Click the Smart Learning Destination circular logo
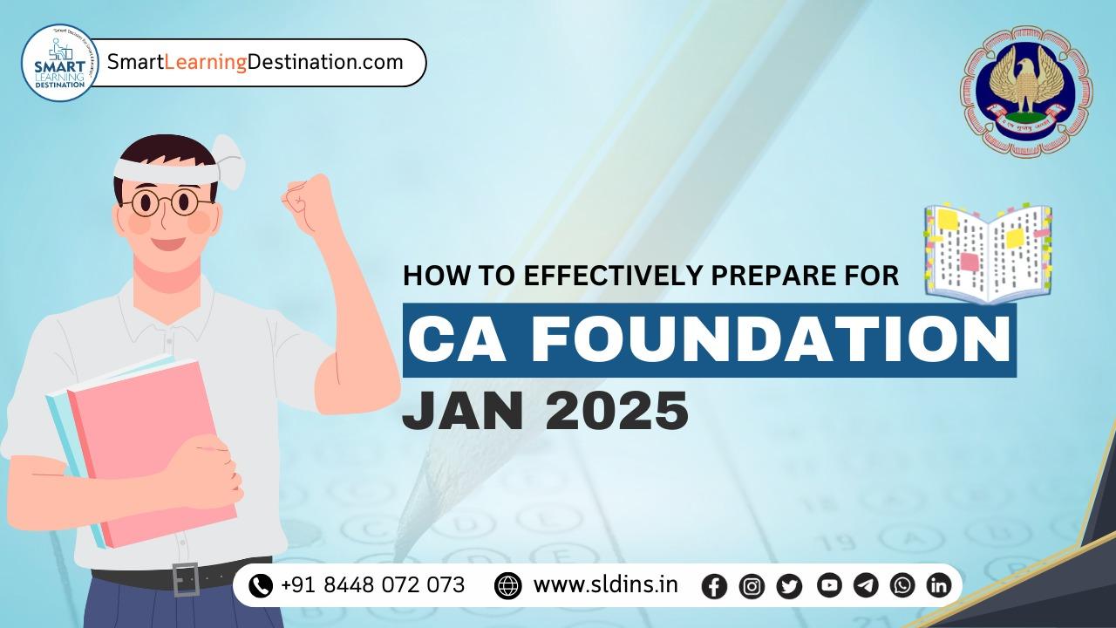(x=60, y=63)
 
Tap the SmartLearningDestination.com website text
(x=255, y=62)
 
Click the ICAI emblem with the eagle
(x=1025, y=91)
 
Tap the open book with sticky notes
(x=989, y=253)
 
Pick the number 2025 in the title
(x=616, y=412)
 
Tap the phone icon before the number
(x=260, y=585)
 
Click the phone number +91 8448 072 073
(x=372, y=584)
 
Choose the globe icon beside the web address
(x=507, y=585)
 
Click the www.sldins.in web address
(x=605, y=584)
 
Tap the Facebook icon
(x=714, y=586)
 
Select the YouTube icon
(x=829, y=586)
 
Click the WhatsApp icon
(x=902, y=586)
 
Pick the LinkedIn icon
(x=938, y=586)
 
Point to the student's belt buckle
(x=186, y=579)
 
